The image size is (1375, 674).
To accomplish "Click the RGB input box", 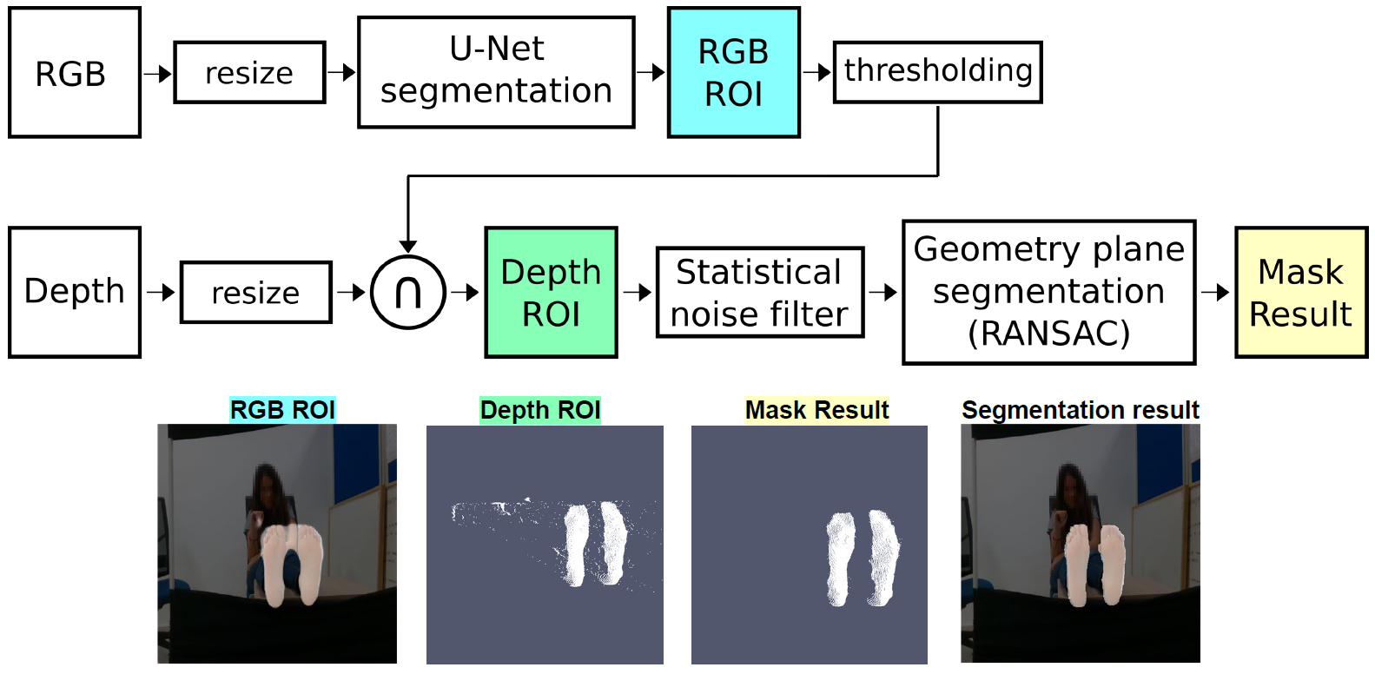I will (x=74, y=73).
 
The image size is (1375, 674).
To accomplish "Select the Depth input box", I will (x=74, y=292).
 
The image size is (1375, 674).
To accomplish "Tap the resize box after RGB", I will (x=249, y=73).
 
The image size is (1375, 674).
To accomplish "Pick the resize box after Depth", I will (x=255, y=293).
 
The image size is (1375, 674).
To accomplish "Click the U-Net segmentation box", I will (x=496, y=72).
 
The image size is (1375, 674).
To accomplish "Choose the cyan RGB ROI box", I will (x=733, y=73).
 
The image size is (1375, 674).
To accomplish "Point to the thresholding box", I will (x=937, y=72).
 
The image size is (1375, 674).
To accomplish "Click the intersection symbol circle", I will (x=408, y=293).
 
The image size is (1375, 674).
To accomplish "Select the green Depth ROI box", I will (x=551, y=293).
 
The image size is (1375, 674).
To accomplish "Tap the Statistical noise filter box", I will (x=759, y=293).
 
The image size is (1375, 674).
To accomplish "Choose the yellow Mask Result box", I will (x=1300, y=293).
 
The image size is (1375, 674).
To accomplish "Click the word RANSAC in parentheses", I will (x=1048, y=334).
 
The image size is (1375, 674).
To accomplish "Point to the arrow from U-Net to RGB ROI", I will (x=651, y=73).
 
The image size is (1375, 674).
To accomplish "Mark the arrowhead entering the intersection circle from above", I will (x=408, y=246).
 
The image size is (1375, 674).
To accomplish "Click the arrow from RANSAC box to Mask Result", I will (x=1215, y=293).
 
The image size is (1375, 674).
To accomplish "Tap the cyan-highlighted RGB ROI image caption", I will (x=282, y=410).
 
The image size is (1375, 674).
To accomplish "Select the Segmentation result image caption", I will (x=1080, y=410).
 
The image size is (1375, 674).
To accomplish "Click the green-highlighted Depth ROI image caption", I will (x=540, y=410).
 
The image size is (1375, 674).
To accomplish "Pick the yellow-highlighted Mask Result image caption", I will (x=816, y=410).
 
